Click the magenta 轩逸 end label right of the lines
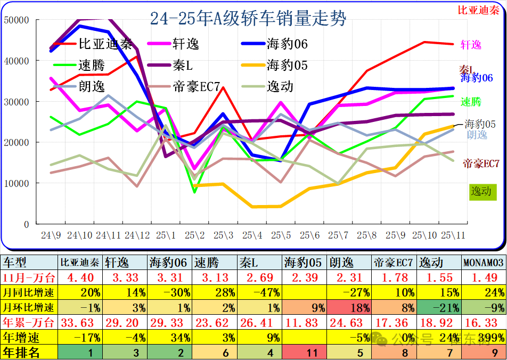coord(471,45)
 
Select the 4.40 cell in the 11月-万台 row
coord(79,277)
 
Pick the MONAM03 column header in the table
coord(483,263)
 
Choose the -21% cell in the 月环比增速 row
coord(438,307)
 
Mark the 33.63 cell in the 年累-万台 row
coord(79,322)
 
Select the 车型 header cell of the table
coord(16,263)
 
